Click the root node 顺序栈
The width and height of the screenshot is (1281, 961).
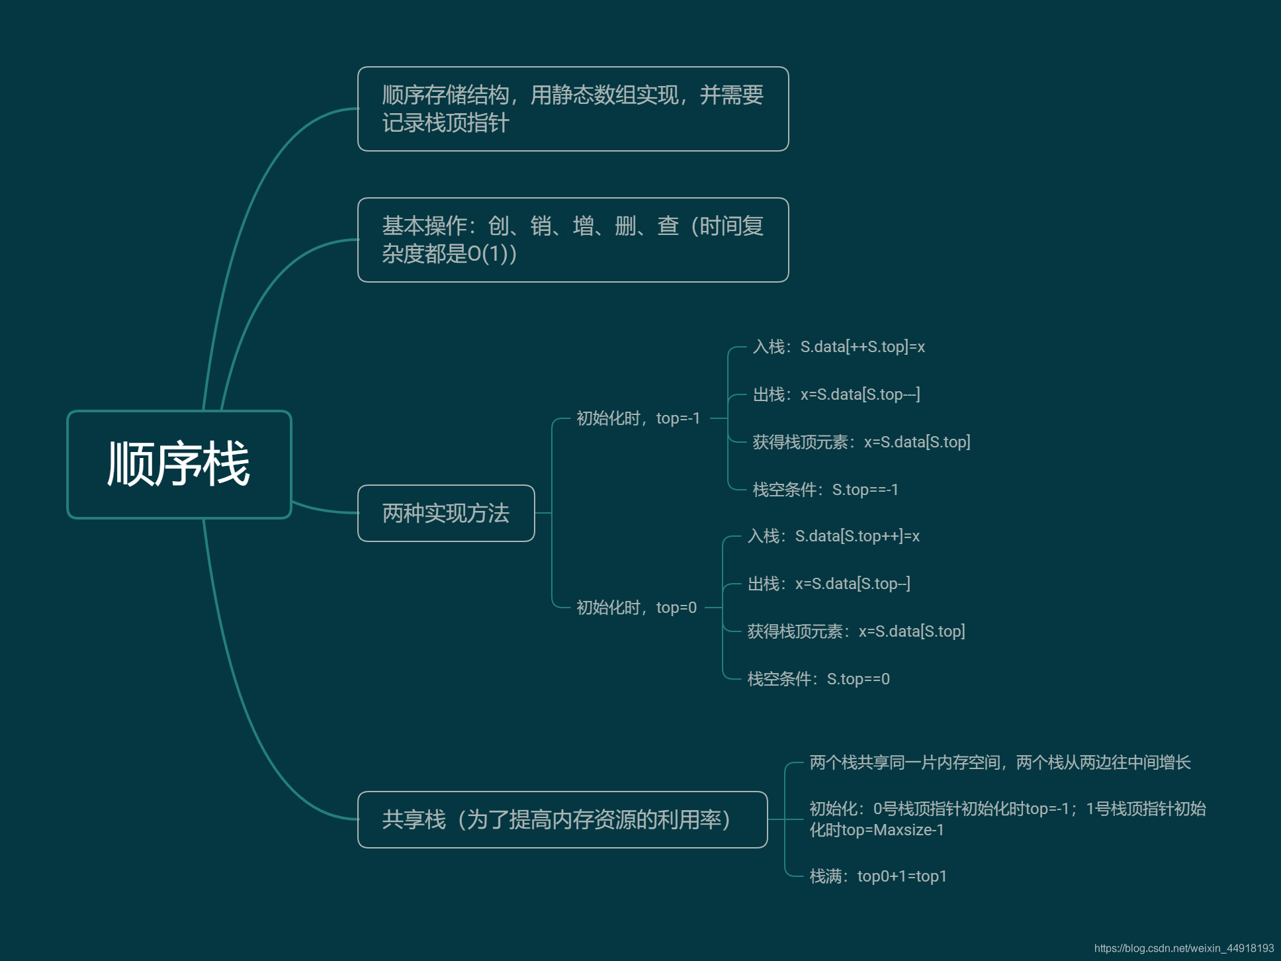(179, 464)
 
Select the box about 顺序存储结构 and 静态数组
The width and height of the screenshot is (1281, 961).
(572, 109)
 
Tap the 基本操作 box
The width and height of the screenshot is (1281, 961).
(572, 240)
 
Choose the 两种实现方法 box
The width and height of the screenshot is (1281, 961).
(445, 514)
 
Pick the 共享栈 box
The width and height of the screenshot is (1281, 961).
(562, 819)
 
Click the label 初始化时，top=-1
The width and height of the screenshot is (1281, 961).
(638, 418)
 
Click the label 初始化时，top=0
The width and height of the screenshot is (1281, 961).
(636, 608)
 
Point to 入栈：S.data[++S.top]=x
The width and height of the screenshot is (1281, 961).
(838, 347)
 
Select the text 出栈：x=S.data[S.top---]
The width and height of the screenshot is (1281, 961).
(836, 394)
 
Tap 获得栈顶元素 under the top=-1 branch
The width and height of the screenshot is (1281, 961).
(861, 442)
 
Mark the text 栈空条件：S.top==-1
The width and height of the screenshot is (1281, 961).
(825, 490)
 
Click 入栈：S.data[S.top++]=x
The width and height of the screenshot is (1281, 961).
(833, 536)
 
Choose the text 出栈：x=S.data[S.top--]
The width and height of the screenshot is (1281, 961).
(828, 584)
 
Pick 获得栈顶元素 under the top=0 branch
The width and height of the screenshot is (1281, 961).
(856, 631)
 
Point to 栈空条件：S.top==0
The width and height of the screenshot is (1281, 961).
(818, 679)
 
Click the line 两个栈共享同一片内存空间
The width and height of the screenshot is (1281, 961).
(999, 762)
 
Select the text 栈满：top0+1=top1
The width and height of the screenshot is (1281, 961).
(878, 876)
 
